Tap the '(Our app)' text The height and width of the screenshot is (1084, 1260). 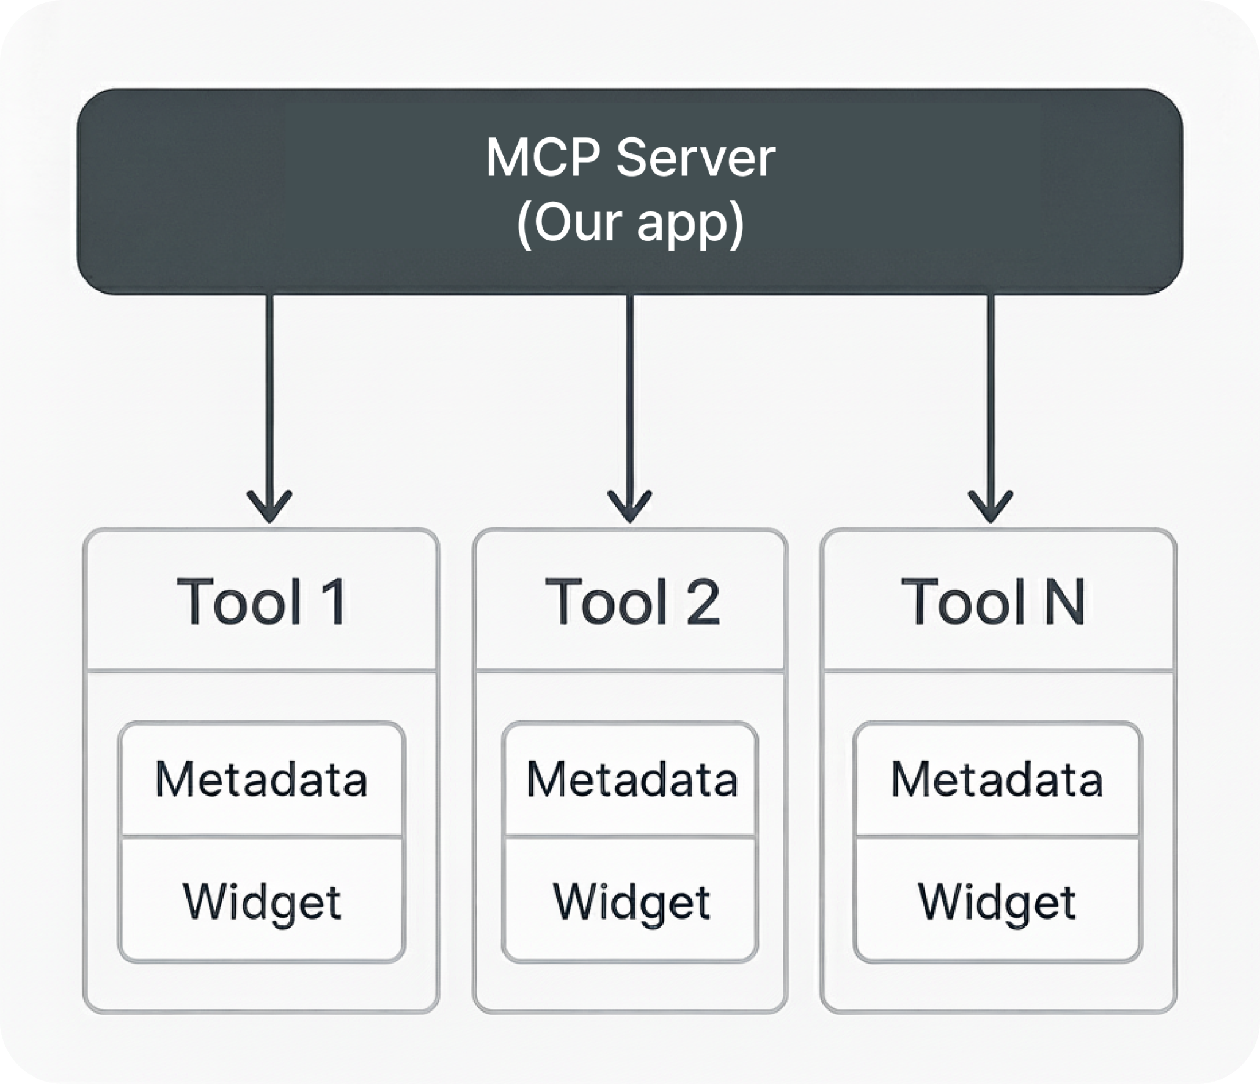[630, 223]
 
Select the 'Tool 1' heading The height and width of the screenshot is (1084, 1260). [262, 602]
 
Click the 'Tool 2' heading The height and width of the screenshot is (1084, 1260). [632, 602]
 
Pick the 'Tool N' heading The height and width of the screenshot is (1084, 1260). [993, 602]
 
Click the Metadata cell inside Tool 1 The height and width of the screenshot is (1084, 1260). [262, 780]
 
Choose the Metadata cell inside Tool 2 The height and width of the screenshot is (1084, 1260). [632, 780]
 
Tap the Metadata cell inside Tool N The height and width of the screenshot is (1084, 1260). [997, 780]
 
